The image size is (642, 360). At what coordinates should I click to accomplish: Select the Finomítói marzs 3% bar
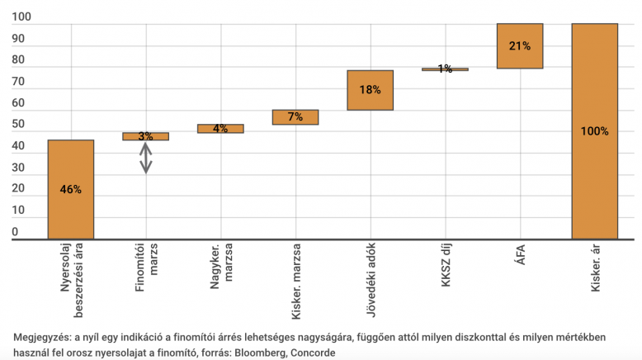click(145, 136)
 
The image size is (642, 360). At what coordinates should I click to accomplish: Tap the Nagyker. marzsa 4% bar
click(220, 128)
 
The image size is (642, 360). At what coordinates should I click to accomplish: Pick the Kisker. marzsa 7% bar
click(295, 117)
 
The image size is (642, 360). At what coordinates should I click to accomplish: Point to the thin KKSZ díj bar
click(445, 69)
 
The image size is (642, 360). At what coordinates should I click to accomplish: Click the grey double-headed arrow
click(145, 158)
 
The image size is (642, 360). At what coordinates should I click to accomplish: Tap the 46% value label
click(71, 189)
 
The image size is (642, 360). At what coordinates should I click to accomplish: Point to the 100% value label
click(594, 131)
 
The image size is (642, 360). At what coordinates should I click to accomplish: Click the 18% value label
click(370, 90)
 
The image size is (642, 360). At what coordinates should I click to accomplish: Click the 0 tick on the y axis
click(15, 233)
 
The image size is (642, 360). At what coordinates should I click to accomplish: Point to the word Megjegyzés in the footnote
click(42, 338)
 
